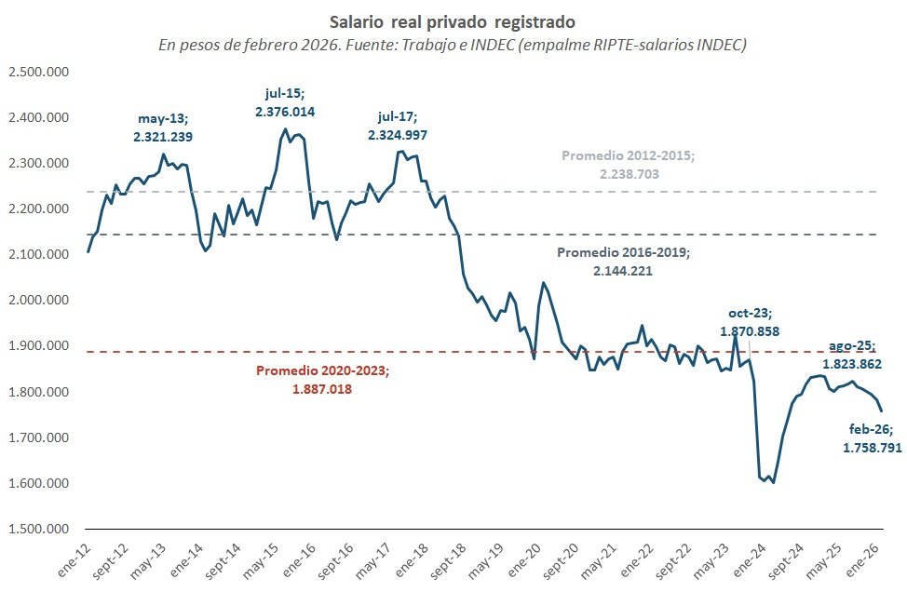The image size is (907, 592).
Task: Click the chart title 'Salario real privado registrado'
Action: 453,20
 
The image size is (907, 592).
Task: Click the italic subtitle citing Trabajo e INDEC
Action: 453,43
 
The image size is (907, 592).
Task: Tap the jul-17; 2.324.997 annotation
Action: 403,127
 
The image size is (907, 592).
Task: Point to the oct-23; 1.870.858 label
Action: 750,322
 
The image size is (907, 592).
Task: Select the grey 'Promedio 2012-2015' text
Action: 628,165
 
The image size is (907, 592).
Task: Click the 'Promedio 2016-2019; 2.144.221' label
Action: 623,262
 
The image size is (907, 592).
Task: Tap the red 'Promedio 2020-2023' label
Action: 322,380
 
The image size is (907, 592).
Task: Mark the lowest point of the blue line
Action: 774,482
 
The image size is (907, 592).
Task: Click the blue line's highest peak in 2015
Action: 285,129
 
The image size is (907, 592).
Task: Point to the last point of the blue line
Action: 882,410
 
